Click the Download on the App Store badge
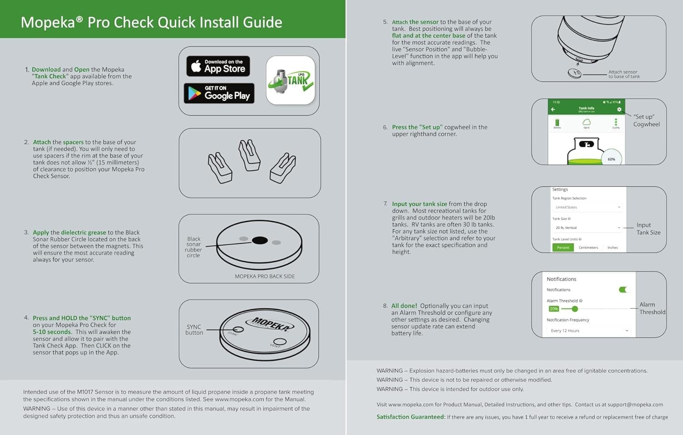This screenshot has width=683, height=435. coord(218,66)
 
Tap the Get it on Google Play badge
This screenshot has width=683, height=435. coord(219,93)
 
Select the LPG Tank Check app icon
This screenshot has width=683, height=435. coord(291,80)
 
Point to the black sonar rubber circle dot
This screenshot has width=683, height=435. coord(260,240)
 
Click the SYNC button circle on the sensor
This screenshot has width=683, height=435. coord(238,329)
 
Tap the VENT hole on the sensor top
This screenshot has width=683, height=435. coord(280,342)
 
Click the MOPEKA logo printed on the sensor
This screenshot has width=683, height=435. coord(270,324)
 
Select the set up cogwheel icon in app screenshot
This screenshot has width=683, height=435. coord(619,109)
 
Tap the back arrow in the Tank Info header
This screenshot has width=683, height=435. coord(553,109)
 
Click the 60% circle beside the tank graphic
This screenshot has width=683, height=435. coord(611,159)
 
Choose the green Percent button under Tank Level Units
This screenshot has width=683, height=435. coord(563,247)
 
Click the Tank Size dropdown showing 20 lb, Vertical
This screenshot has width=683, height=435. coord(587,227)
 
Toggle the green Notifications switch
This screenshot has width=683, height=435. coord(623,290)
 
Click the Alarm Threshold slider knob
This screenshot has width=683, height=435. coord(575,309)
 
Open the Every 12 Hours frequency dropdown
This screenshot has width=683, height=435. coord(589,331)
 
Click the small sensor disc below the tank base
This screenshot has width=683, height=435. coord(575,73)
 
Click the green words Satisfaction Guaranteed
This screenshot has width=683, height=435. coord(410,417)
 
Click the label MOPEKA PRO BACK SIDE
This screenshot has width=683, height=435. coord(265,276)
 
